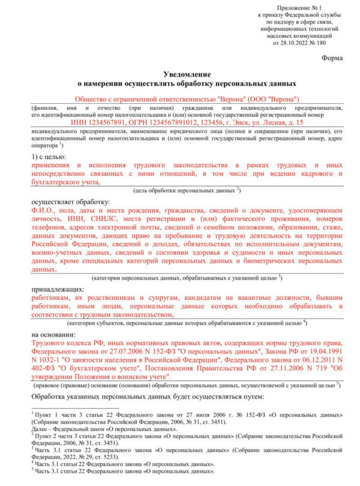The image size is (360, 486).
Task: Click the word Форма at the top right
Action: [332, 59]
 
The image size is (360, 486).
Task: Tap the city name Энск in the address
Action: [238, 122]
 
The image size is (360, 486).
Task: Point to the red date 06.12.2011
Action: [307, 359]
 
